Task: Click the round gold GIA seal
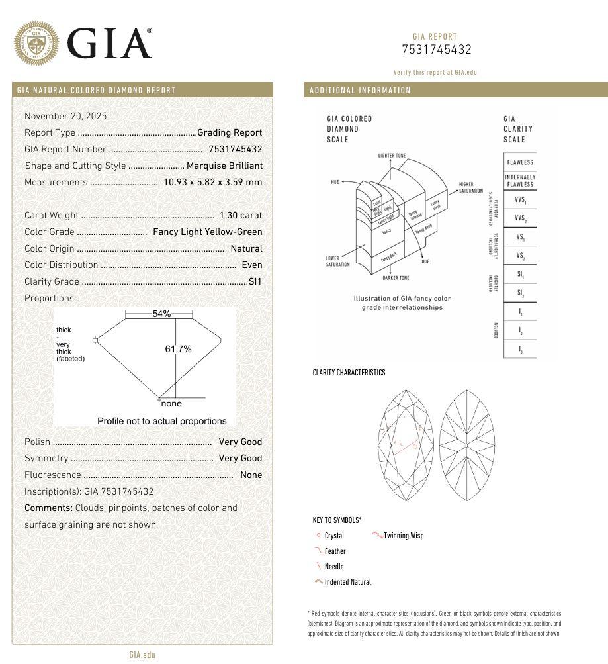pos(36,43)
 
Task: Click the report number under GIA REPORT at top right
pos(436,50)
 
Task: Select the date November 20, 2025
pos(65,116)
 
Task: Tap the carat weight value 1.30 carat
pos(241,215)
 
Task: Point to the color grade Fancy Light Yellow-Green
pos(208,232)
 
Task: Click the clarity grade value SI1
pos(255,281)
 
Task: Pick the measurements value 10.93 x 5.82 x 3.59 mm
pos(213,182)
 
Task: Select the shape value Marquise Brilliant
pos(224,166)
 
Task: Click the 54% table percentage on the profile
pos(161,314)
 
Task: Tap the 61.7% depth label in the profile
pos(178,349)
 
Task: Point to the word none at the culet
pos(171,403)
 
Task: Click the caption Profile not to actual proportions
pos(161,421)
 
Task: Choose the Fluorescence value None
pos(251,475)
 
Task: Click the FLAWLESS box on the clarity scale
pos(520,162)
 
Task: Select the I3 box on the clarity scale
pos(520,349)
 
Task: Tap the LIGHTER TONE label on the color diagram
pos(392,156)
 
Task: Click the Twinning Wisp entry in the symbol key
pos(403,536)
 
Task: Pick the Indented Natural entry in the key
pos(347,582)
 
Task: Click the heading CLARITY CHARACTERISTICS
pos(349,373)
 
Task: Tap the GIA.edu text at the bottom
pos(142,655)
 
